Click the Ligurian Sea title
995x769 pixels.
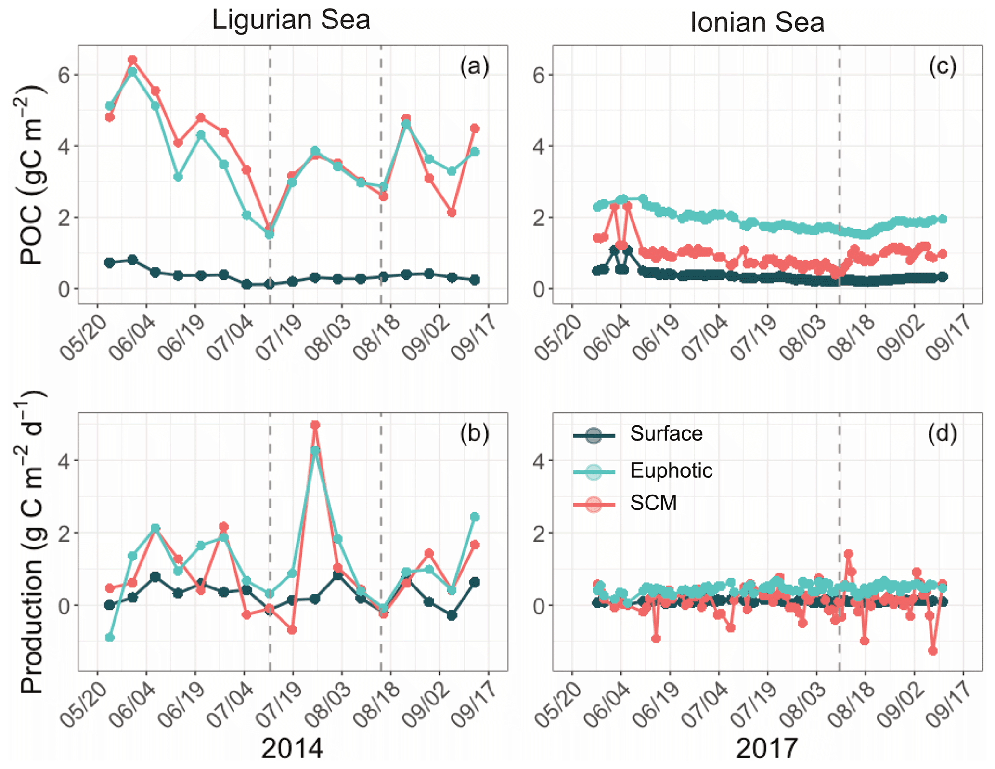(291, 20)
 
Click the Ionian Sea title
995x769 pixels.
(757, 23)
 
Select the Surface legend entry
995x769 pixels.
(666, 434)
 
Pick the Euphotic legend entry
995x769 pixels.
(671, 470)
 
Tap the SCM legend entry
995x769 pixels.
(653, 503)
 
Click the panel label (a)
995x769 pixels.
(474, 66)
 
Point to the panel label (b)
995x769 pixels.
(474, 433)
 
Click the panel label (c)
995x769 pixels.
(942, 66)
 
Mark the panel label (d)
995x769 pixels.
(942, 433)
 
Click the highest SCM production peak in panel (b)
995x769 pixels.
(315, 425)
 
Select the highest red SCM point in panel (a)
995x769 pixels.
(132, 60)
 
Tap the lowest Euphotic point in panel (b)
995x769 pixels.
(110, 638)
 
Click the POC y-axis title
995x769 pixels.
(32, 176)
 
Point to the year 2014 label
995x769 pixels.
(292, 748)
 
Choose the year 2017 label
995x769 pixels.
(766, 748)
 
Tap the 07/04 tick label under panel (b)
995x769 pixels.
(230, 705)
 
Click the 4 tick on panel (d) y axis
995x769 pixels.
(539, 461)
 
